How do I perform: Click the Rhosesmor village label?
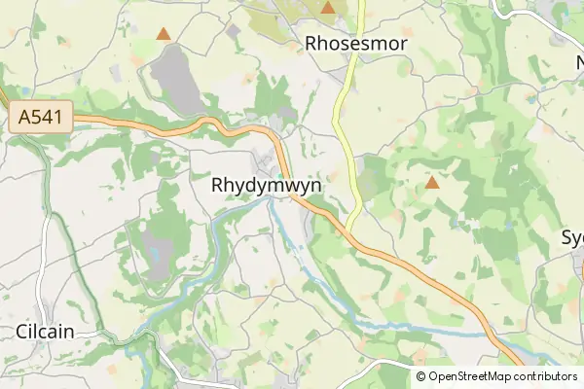[355, 43]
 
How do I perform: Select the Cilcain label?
[45, 331]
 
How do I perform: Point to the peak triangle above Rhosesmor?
[328, 8]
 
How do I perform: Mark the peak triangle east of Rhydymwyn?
[432, 182]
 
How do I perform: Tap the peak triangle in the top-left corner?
[164, 33]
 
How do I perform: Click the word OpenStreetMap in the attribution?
[469, 376]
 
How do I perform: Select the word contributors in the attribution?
[545, 376]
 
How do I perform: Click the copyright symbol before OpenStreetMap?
[421, 376]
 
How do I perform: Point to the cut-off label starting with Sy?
[572, 238]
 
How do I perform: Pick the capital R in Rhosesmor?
[312, 43]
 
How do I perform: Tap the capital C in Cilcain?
[22, 331]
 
